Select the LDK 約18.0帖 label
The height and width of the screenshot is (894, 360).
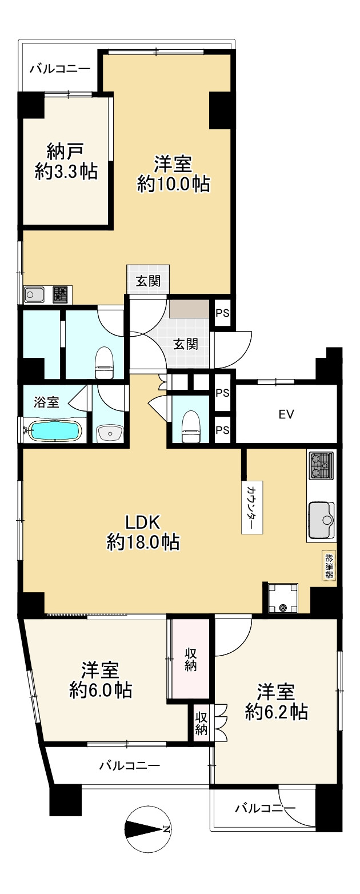(143, 531)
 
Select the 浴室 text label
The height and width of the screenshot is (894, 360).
(46, 402)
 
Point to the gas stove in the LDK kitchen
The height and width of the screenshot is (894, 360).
(321, 466)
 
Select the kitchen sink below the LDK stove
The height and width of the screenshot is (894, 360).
(322, 520)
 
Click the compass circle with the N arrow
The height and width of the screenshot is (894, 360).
(147, 829)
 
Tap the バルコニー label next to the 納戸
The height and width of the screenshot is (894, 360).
(59, 69)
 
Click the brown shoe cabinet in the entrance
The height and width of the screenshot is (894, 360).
(189, 309)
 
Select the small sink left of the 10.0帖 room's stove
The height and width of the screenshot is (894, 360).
(34, 294)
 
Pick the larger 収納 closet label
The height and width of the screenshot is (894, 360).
(190, 658)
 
